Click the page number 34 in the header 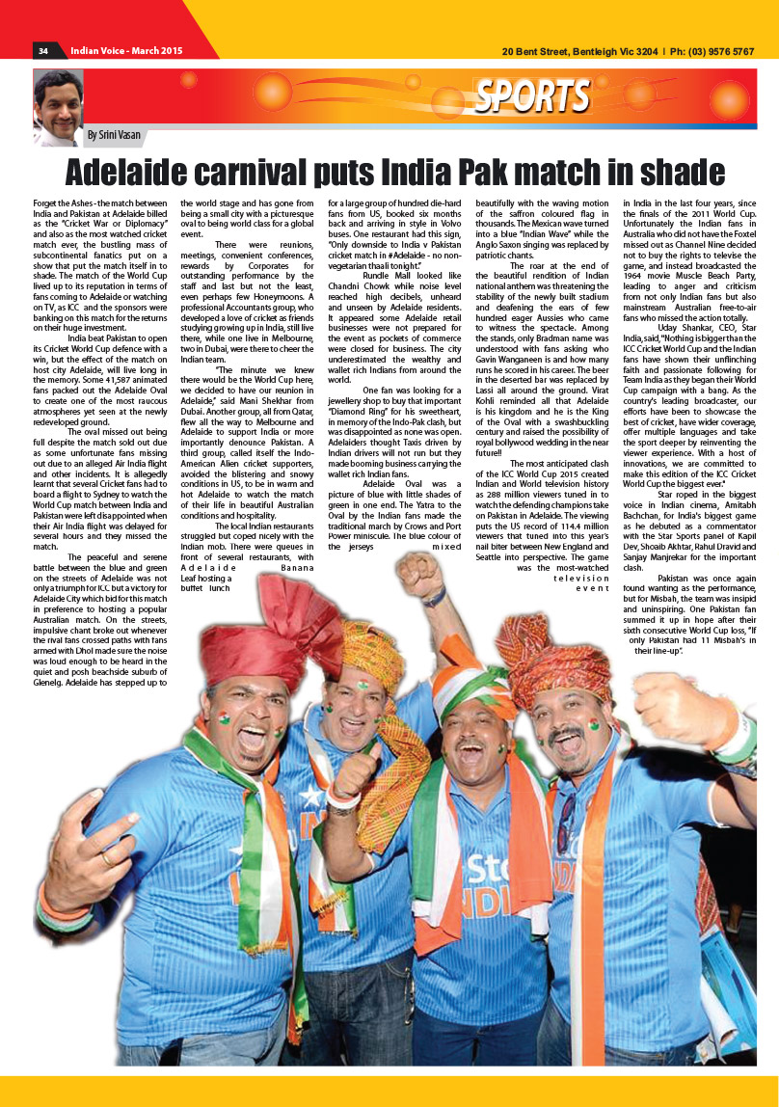point(42,51)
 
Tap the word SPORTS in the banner point(531,96)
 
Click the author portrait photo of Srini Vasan point(59,104)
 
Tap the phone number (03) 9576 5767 point(714,51)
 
